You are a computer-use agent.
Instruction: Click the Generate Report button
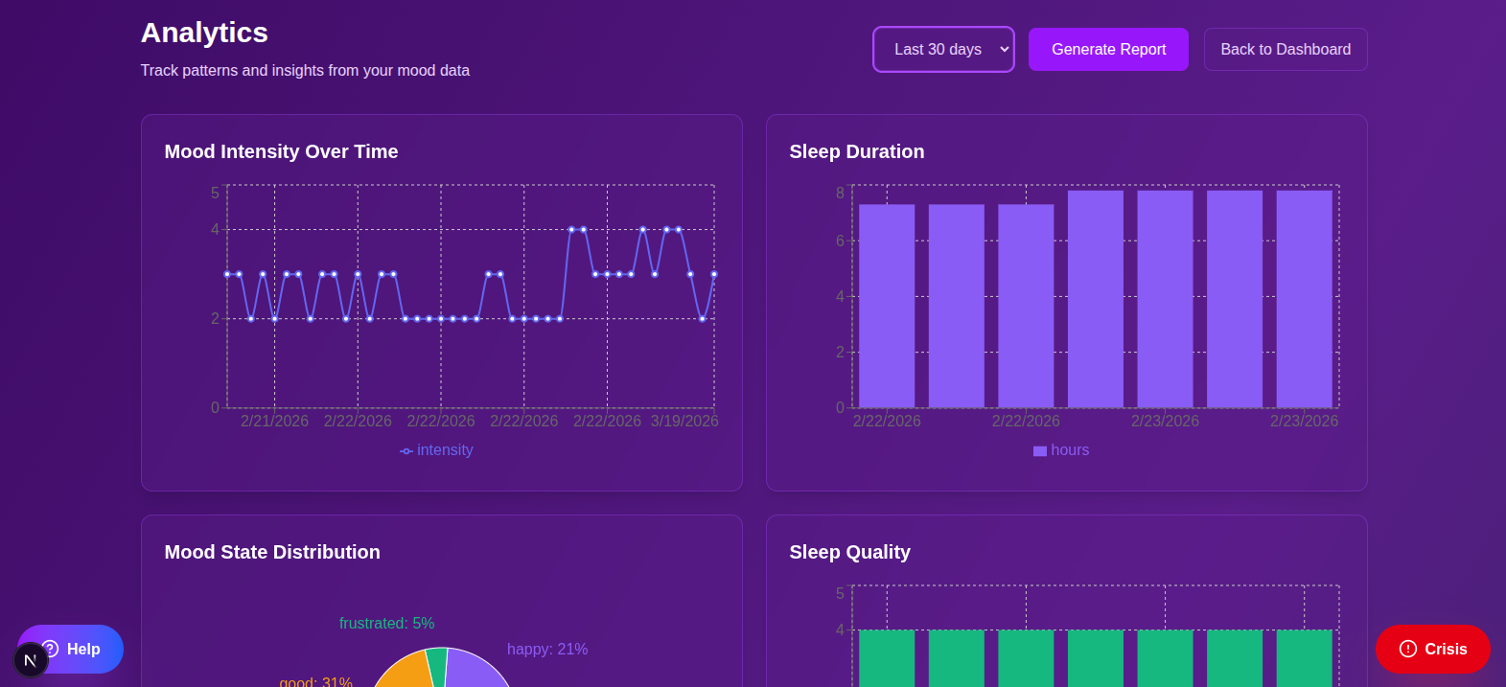[1108, 49]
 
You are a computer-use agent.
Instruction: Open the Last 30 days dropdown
[943, 49]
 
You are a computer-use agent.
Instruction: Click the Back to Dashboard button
[1285, 49]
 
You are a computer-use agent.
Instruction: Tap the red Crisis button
[1432, 649]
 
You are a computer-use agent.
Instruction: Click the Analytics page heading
[204, 33]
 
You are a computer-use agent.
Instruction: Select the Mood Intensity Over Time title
[281, 151]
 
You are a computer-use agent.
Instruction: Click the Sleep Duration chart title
[856, 151]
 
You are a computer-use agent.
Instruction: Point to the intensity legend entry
[436, 450]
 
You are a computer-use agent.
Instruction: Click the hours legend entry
[1061, 450]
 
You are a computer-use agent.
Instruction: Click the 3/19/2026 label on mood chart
[683, 421]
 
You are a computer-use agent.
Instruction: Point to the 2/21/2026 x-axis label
[274, 421]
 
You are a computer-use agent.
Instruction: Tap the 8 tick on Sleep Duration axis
[840, 193]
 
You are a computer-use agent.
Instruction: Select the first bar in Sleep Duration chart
[886, 306]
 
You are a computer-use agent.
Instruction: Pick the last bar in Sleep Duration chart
[1304, 299]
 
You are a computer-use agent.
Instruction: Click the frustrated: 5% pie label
[386, 623]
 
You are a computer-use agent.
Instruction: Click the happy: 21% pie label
[547, 649]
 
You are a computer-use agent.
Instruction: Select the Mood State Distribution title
[272, 552]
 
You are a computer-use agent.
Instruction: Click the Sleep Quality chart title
[849, 552]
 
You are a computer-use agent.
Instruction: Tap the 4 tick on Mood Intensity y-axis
[215, 229]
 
